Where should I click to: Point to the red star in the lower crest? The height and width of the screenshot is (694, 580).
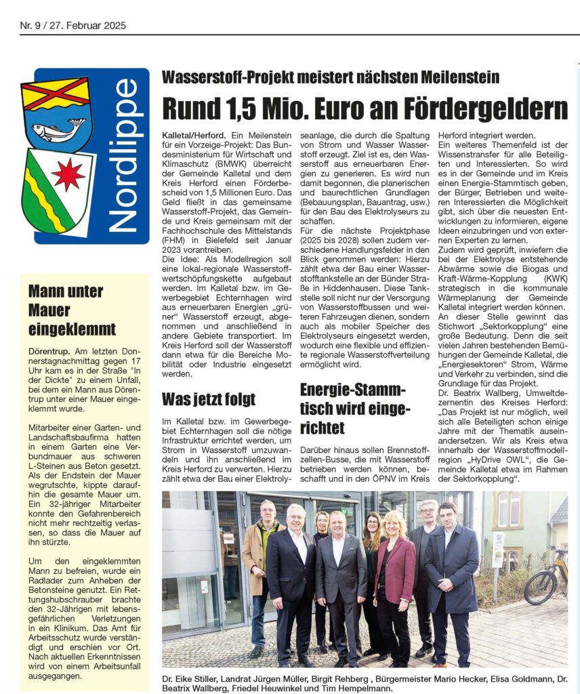click(68, 175)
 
